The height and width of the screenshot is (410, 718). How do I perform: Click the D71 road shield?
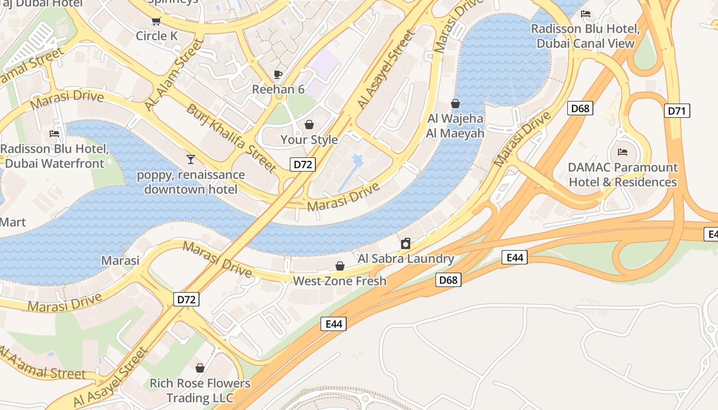pos(677,111)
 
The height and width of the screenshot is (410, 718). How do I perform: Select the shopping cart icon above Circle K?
pos(156,21)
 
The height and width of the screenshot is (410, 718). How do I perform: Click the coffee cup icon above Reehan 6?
pos(278,74)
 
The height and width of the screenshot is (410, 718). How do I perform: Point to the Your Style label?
pos(309,139)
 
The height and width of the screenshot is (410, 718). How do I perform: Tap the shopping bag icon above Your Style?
pos(309,125)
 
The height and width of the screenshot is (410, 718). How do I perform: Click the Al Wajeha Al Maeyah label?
pos(455,126)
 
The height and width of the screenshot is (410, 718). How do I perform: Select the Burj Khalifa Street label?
pos(231,138)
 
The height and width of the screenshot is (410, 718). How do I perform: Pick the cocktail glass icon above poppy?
pos(191,159)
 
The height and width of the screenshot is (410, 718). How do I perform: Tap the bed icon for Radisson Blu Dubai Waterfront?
pos(54,134)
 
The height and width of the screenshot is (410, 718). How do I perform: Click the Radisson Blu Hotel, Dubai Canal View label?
pos(585,36)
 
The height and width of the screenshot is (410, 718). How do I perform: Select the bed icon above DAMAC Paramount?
pos(623,152)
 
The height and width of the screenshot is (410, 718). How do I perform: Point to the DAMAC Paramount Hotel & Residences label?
pos(623,175)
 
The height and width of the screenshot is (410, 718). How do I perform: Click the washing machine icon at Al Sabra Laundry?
pos(406,243)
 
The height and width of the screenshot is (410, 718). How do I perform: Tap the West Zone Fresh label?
pos(340,281)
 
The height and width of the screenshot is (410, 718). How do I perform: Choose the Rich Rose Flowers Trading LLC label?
pos(200,391)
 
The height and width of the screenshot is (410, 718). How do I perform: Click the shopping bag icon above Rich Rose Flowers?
pos(200,368)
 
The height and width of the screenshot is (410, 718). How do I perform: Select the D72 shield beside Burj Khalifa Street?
pos(303,165)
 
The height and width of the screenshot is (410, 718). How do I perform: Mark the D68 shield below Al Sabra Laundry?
pos(449,280)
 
